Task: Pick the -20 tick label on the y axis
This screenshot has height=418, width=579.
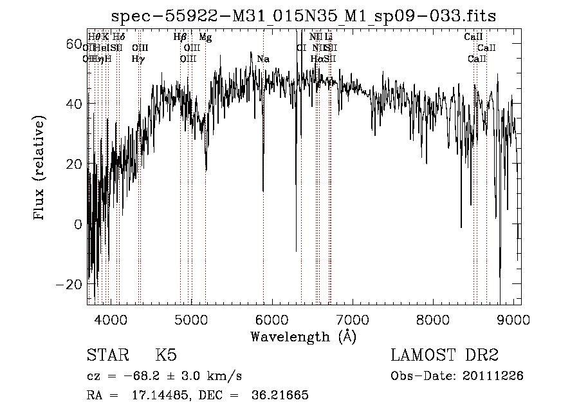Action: pyautogui.click(x=71, y=285)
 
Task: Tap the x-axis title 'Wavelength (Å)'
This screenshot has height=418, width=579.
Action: pyautogui.click(x=303, y=336)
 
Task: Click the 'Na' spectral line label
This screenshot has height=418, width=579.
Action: pyautogui.click(x=262, y=59)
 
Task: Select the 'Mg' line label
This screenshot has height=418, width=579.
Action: pyautogui.click(x=205, y=37)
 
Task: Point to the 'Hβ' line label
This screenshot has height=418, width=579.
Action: pyautogui.click(x=180, y=37)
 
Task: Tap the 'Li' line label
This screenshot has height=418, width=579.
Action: pyautogui.click(x=328, y=37)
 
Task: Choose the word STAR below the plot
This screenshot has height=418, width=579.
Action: pyautogui.click(x=106, y=356)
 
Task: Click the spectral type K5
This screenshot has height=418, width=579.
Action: pyautogui.click(x=166, y=356)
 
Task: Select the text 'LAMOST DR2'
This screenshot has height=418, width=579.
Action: pyautogui.click(x=445, y=356)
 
